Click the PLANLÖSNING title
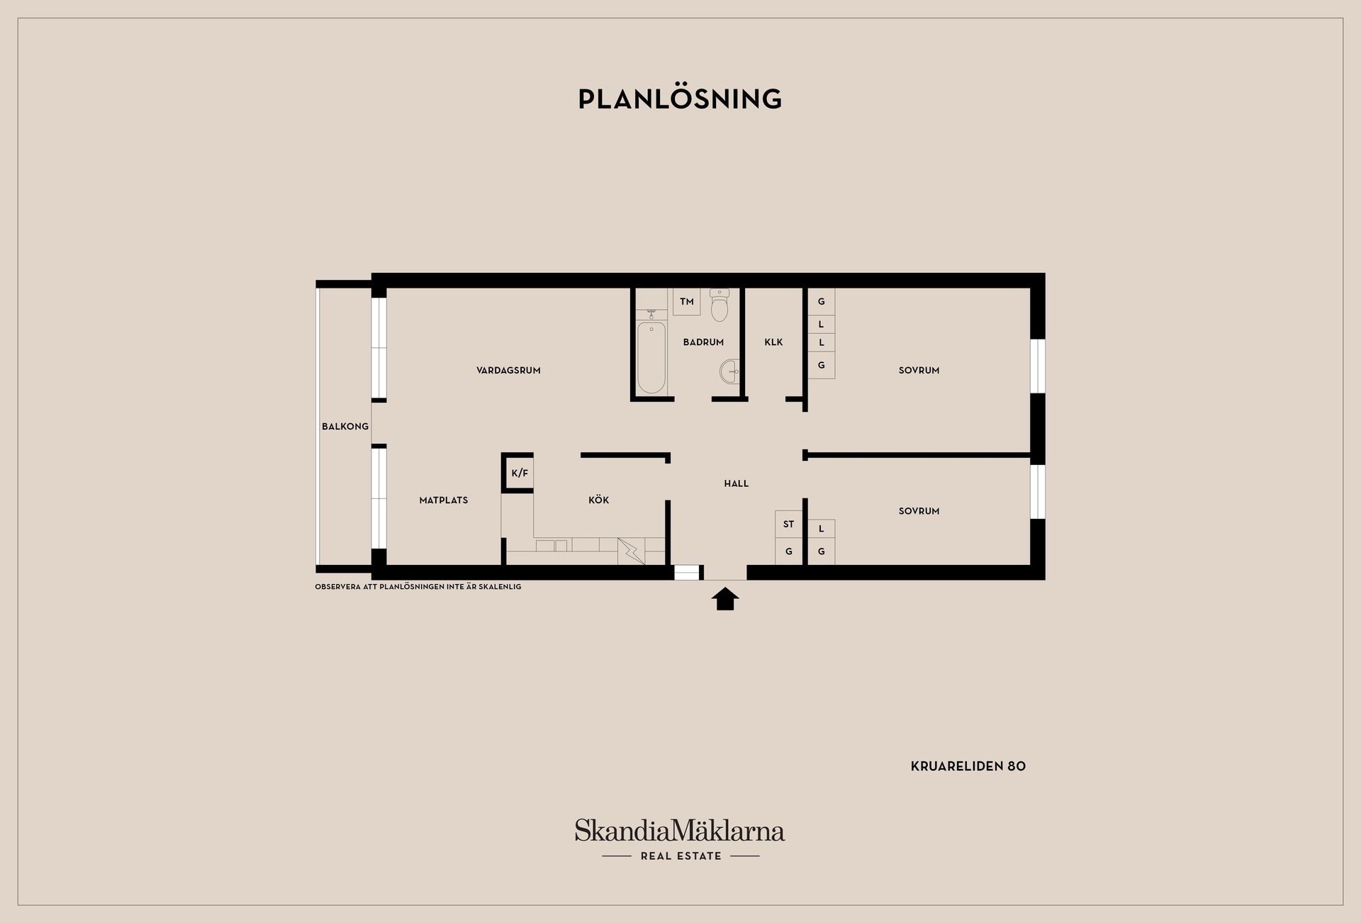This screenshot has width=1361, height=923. tap(680, 99)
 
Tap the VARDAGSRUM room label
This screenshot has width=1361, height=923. tap(508, 370)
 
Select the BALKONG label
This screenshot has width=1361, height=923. tap(345, 426)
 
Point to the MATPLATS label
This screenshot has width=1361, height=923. tap(444, 500)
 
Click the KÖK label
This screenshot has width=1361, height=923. tap(599, 500)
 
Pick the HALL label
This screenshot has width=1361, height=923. tap(736, 483)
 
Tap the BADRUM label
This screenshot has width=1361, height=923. tap(703, 342)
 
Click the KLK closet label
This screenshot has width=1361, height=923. tap(773, 342)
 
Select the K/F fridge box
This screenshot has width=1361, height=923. tap(520, 473)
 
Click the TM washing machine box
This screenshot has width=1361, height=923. tap(686, 301)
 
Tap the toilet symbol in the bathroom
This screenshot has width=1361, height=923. tap(719, 304)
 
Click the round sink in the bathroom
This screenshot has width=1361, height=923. tap(730, 371)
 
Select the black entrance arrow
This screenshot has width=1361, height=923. tap(725, 598)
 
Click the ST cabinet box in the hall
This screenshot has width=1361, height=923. tap(789, 524)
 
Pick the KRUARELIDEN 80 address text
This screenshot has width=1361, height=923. tap(968, 766)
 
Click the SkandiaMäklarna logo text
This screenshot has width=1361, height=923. tap(680, 830)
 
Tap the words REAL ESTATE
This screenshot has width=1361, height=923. tap(681, 856)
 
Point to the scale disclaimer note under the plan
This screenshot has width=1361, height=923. tap(418, 587)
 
